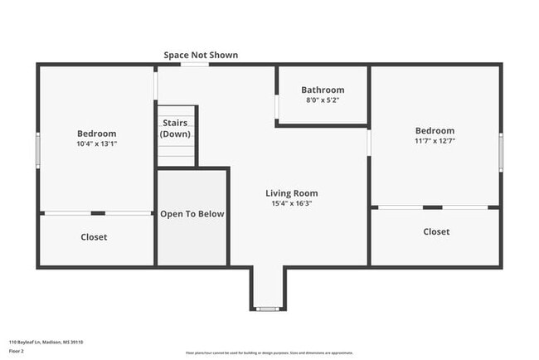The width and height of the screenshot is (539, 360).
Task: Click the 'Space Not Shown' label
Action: [201, 55]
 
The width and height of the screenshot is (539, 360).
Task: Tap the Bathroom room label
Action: [323, 90]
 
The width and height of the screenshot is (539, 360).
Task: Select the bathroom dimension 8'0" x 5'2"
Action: [323, 100]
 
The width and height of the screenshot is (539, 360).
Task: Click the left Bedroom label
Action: [97, 134]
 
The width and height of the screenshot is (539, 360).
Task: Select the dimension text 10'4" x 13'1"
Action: [97, 144]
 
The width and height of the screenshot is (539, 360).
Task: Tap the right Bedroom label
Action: [435, 130]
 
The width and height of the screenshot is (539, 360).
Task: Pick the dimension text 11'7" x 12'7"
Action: [435, 140]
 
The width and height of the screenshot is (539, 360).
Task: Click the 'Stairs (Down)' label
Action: [176, 129]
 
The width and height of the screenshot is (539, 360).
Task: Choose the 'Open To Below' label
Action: [192, 214]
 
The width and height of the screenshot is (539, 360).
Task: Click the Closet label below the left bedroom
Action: [94, 237]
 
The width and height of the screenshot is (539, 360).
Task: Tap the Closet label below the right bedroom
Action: [436, 231]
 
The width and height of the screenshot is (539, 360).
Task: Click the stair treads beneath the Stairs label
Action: [176, 153]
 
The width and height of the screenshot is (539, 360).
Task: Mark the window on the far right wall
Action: [501, 153]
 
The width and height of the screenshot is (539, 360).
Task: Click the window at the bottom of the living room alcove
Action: [267, 309]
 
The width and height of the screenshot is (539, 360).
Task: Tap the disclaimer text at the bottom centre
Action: [269, 352]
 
